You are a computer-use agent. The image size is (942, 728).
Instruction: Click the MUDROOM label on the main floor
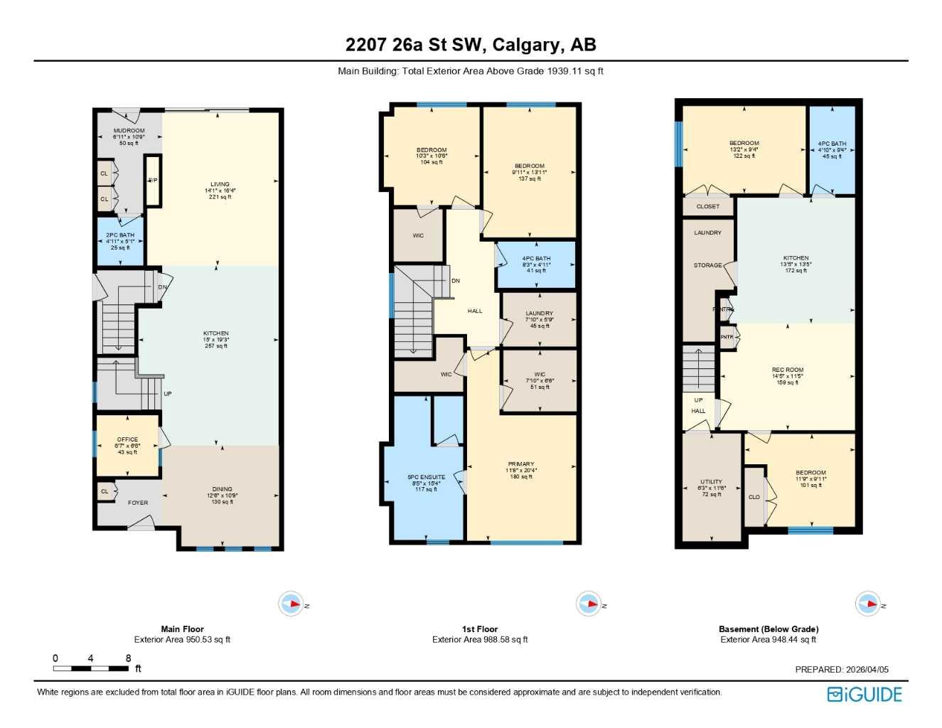[x=129, y=131]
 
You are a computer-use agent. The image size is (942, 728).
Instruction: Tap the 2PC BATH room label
[x=120, y=235]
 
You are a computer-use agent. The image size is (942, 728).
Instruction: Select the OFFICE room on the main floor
[x=127, y=440]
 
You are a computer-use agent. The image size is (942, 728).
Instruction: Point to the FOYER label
[x=138, y=503]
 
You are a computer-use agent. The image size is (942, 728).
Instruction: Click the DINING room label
[x=222, y=489]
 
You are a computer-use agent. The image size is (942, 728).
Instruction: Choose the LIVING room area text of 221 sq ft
[x=220, y=197]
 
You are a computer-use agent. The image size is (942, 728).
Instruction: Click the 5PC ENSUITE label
[x=426, y=478]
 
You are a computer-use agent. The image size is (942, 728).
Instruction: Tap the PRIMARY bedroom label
[x=521, y=464]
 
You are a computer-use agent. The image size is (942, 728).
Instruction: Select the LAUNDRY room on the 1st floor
[x=539, y=314]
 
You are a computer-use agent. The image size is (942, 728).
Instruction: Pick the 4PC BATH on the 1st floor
[x=536, y=259]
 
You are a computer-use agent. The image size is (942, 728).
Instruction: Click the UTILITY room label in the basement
[x=711, y=482]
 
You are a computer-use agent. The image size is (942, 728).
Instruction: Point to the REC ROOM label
[x=787, y=370]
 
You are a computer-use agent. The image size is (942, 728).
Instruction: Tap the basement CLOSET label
[x=707, y=207]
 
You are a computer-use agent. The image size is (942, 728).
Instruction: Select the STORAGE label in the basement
[x=707, y=265]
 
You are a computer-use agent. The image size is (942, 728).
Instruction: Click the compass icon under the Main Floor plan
[x=291, y=604]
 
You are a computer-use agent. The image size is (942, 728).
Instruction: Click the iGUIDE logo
[x=865, y=695]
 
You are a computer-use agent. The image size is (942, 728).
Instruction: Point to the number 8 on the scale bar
[x=128, y=658]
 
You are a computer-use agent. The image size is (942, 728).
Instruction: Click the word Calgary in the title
[x=525, y=45]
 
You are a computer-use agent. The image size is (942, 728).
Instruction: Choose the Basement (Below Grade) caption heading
[x=768, y=629]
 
